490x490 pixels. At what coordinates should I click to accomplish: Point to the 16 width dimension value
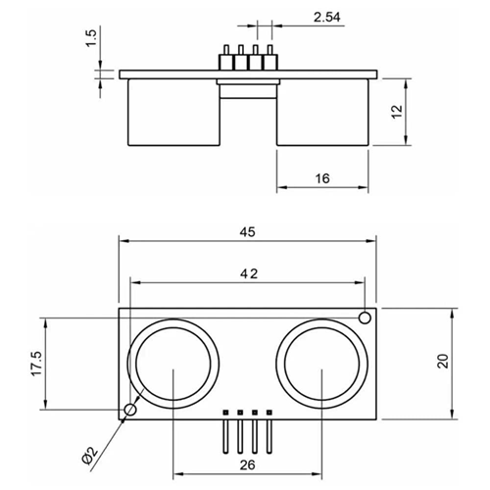(x=321, y=177)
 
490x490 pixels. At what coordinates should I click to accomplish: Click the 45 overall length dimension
(x=248, y=231)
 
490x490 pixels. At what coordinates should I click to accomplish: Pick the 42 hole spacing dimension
(x=248, y=274)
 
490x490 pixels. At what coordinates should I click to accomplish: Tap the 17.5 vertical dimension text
(x=37, y=364)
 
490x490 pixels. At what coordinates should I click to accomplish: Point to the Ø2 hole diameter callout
(x=90, y=453)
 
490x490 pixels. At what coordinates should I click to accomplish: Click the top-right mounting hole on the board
(x=365, y=318)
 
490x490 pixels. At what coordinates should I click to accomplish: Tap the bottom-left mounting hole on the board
(x=129, y=410)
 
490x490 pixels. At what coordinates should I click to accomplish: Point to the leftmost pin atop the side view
(x=224, y=56)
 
